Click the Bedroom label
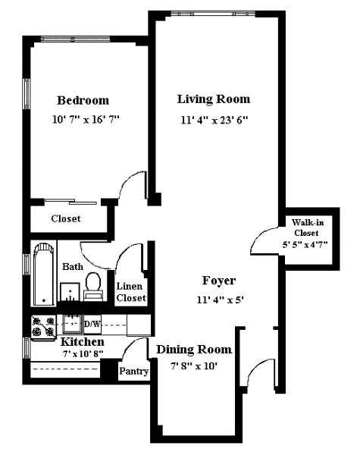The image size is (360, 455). [x=83, y=100]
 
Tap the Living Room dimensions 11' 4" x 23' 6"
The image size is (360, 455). [x=214, y=120]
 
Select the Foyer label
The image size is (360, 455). [x=219, y=281]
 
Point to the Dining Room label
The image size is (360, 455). [x=194, y=350]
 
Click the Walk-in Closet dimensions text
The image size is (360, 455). [x=305, y=245]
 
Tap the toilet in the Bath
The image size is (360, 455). [x=93, y=286]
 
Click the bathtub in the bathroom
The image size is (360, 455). [x=43, y=274]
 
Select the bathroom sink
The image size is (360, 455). [x=70, y=292]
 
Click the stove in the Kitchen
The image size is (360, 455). [x=43, y=328]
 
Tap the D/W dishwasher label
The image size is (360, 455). [x=92, y=324]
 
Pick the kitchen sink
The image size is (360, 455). [x=72, y=324]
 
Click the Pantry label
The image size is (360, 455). [x=133, y=371]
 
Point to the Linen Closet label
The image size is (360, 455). [x=131, y=292]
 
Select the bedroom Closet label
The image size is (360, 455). [x=66, y=218]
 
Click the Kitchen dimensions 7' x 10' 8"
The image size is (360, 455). [x=83, y=354]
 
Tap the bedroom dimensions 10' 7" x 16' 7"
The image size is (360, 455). [x=86, y=119]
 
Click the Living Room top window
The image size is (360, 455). [x=213, y=14]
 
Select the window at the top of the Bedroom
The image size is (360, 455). [x=76, y=39]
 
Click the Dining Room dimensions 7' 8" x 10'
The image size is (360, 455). [x=194, y=366]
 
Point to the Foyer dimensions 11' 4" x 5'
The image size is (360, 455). [x=220, y=300]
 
